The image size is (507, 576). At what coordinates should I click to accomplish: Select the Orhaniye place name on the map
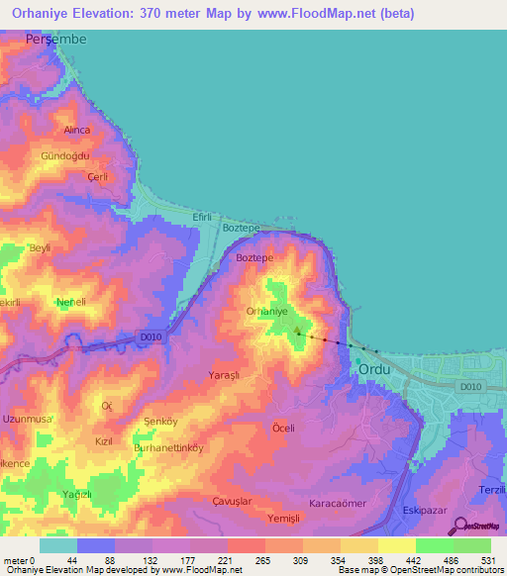coord(266,311)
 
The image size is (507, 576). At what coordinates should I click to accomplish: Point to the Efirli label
coord(203,215)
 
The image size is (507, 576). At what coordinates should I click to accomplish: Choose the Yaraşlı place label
coord(229,376)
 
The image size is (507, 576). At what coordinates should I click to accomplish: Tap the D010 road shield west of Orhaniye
coord(151,336)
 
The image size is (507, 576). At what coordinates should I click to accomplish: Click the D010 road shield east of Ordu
coord(472,387)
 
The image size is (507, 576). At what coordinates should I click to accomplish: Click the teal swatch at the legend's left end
coord(58,545)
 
